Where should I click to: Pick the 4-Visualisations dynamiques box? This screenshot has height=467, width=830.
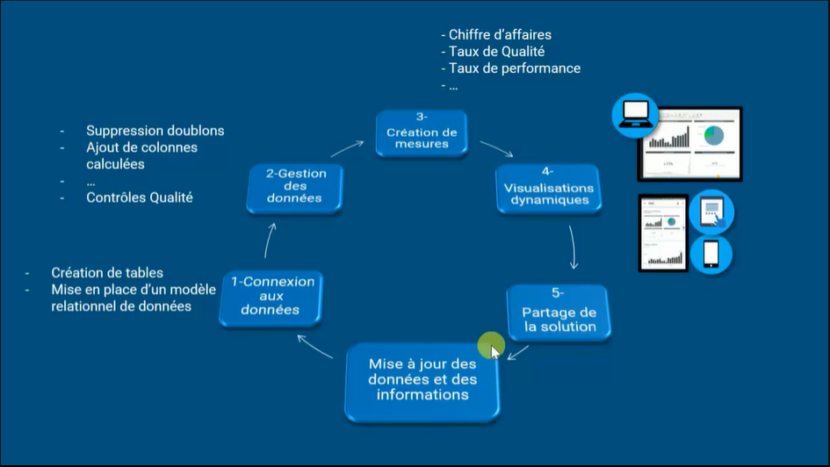coord(547,188)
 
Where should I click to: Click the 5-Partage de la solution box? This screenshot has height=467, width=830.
coord(559,313)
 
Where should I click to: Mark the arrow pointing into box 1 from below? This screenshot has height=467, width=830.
coord(315,347)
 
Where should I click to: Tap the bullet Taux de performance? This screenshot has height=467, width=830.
coord(514,68)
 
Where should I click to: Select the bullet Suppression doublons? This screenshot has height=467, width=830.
coord(155,131)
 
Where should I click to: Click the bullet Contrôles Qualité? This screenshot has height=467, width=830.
coord(139,198)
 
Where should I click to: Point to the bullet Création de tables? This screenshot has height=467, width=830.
coord(106,273)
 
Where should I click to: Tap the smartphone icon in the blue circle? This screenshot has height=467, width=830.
coord(711,254)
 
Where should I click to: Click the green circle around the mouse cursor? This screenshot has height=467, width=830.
coord(491,346)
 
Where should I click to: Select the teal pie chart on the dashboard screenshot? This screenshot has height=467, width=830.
coord(713,135)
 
